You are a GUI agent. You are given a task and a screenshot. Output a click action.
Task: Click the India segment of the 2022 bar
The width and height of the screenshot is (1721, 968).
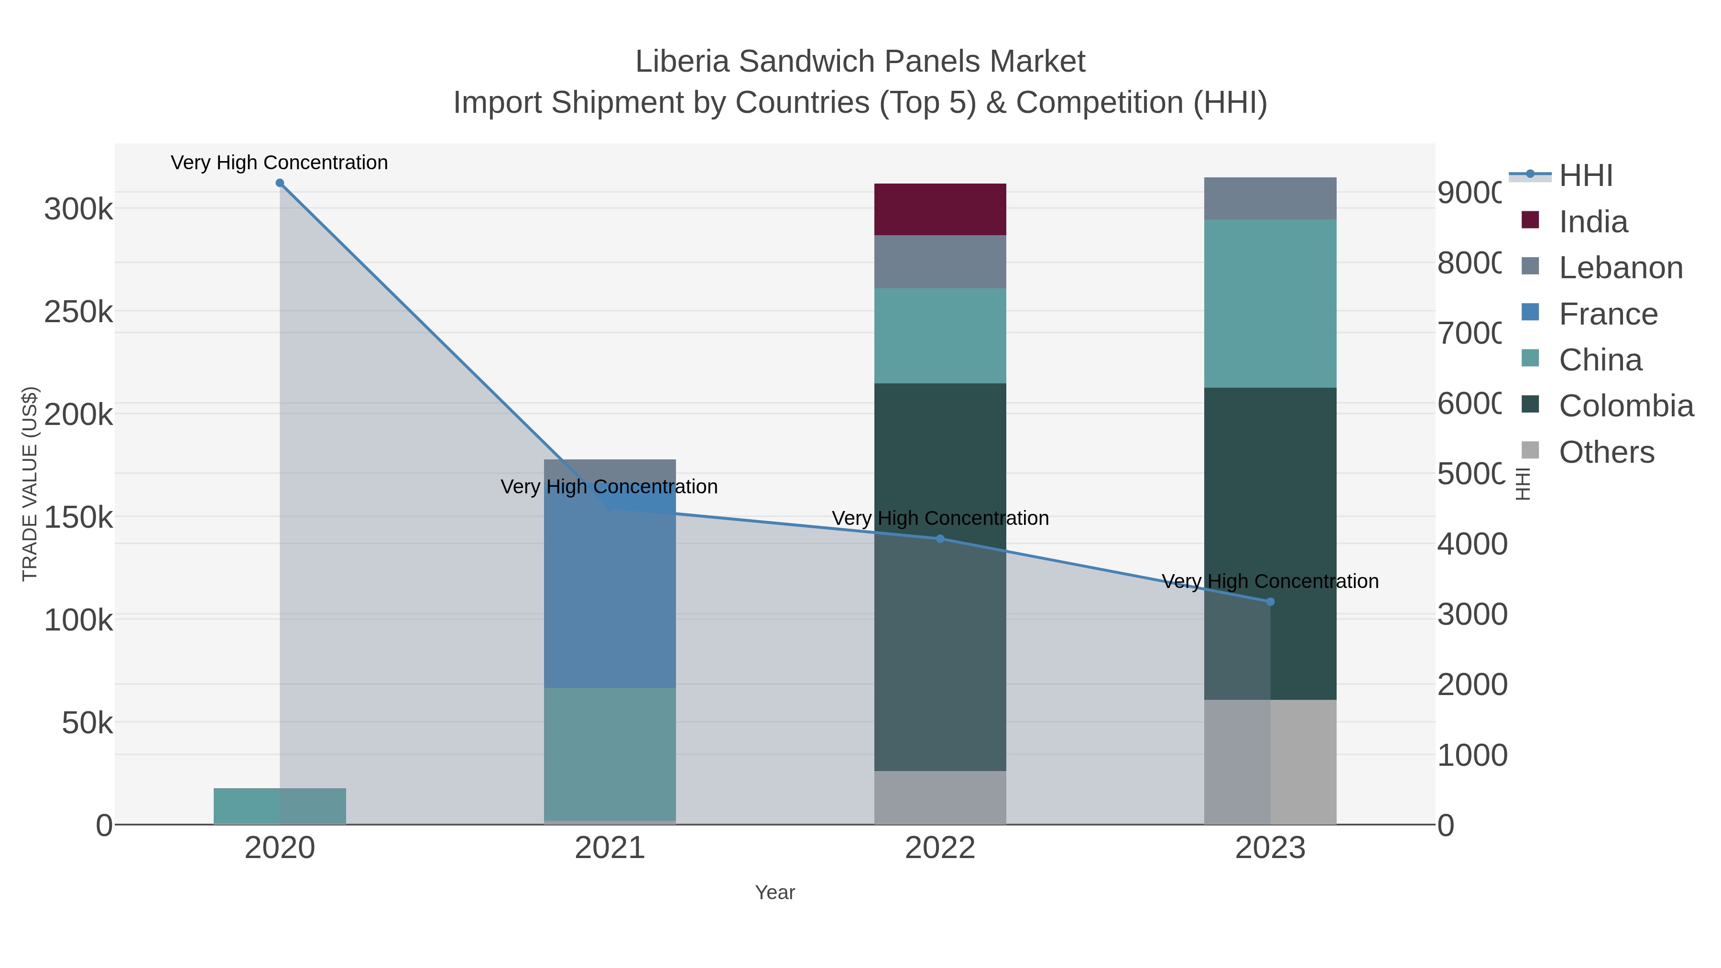[x=940, y=209]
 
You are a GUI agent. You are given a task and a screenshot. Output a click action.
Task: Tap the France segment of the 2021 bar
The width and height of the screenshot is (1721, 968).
[x=610, y=588]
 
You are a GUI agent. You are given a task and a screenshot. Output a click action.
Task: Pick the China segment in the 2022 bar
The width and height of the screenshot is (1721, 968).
[x=940, y=336]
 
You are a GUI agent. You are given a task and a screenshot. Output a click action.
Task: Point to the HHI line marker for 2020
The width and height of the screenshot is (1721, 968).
[x=280, y=183]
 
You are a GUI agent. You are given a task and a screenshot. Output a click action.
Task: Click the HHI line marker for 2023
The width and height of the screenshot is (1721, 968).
[x=1270, y=602]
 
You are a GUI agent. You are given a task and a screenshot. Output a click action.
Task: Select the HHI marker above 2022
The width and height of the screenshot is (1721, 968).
[x=940, y=538]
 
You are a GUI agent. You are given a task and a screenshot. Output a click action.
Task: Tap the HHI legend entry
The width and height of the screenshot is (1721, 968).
[x=1585, y=176]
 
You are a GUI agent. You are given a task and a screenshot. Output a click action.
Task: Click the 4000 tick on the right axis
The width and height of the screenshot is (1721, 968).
[x=1472, y=544]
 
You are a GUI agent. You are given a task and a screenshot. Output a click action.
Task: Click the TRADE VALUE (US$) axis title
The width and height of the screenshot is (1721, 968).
[x=30, y=484]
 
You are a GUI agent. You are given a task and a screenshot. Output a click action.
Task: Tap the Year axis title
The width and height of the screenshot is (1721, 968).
[x=774, y=892]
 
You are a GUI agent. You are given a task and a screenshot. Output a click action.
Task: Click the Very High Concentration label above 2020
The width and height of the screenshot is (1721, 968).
[x=279, y=163]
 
